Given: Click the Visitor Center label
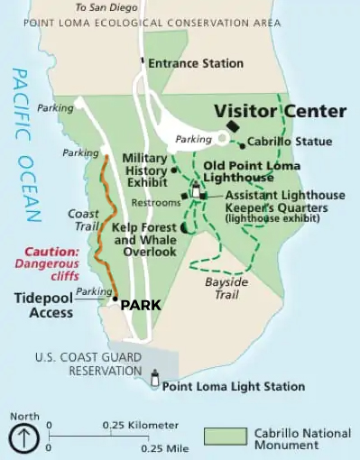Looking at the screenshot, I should click(280, 112).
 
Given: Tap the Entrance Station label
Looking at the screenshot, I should click(195, 63).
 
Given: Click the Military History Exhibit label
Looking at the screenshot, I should click(144, 170).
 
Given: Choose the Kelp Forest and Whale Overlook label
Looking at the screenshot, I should click(144, 240).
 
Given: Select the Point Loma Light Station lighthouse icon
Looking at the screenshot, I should click(155, 381).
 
